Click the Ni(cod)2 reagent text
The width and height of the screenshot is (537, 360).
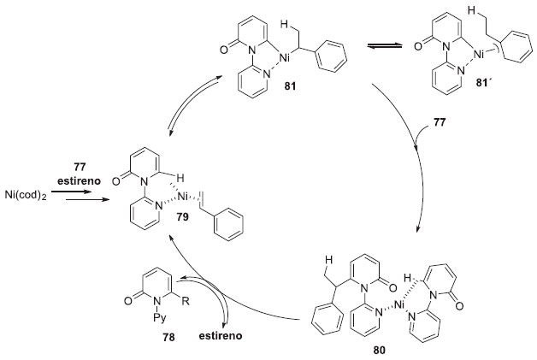click(x=25, y=195)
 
